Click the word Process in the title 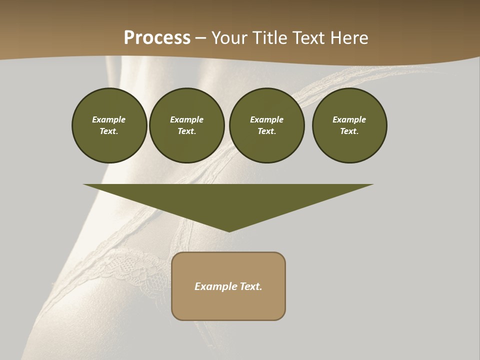pyautogui.click(x=157, y=38)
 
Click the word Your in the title pyautogui.click(x=229, y=38)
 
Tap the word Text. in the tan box pyautogui.click(x=251, y=286)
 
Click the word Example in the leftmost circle pyautogui.click(x=109, y=119)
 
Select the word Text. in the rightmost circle pyautogui.click(x=349, y=131)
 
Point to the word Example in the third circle pyautogui.click(x=267, y=119)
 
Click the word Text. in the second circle pyautogui.click(x=187, y=131)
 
